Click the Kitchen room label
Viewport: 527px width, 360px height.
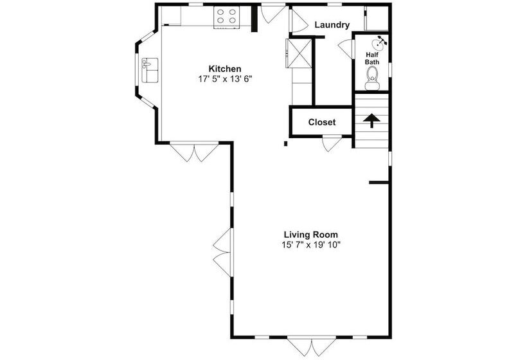pos(225,69)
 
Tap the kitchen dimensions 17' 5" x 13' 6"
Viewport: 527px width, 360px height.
pos(225,79)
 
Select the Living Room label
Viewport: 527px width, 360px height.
pos(311,235)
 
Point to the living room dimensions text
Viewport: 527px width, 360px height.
pos(311,245)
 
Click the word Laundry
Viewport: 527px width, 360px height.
pos(332,25)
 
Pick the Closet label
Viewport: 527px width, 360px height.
pos(322,122)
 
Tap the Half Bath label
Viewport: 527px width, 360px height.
pos(372,58)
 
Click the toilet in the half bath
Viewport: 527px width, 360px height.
pos(372,78)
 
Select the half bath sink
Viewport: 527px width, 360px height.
pos(379,43)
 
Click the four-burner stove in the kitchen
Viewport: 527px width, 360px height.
pos(226,17)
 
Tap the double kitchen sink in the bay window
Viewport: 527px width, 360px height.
pos(150,70)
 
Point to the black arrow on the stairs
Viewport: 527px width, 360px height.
pos(371,121)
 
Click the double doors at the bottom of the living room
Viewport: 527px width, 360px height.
pos(312,347)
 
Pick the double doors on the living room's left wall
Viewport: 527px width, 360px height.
pos(222,253)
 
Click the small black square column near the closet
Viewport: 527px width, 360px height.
pos(286,144)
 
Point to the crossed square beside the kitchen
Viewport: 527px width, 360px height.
pos(299,53)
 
